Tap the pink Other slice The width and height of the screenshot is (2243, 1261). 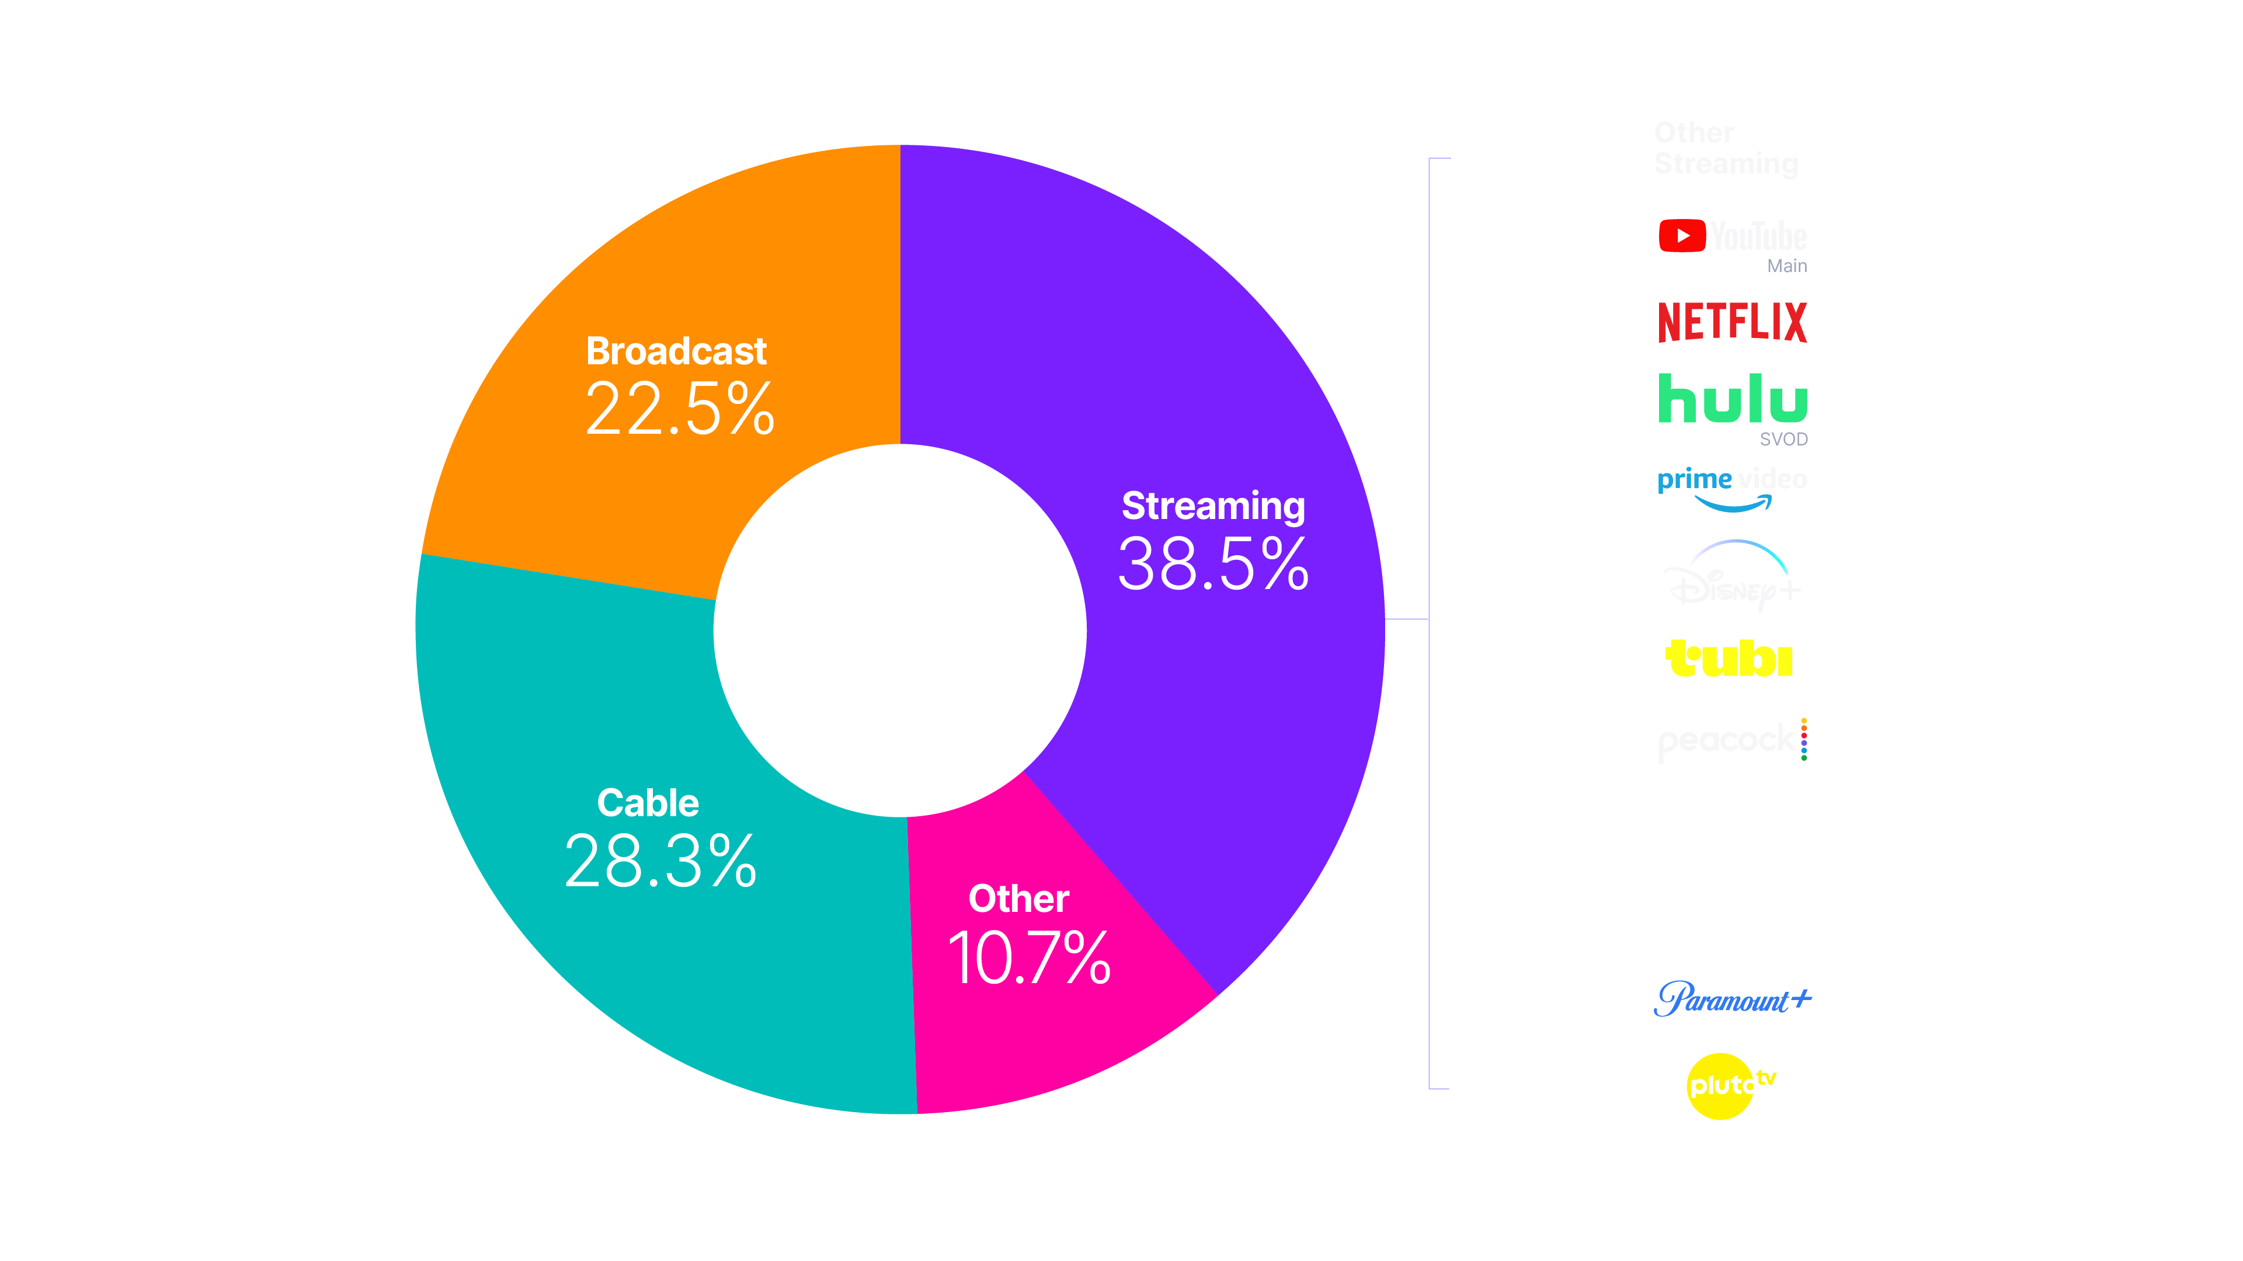click(x=1045, y=1027)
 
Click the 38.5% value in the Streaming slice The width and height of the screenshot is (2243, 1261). click(x=1213, y=564)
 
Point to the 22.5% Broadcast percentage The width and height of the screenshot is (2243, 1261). click(x=679, y=409)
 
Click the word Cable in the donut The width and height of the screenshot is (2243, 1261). click(x=648, y=802)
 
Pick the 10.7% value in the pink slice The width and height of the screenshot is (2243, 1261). click(x=1029, y=958)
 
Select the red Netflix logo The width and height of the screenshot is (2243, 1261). click(x=1732, y=321)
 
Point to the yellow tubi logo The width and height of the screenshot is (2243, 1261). click(x=1729, y=659)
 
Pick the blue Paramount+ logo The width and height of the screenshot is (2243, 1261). click(x=1732, y=999)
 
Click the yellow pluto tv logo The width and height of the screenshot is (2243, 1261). click(x=1729, y=1085)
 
